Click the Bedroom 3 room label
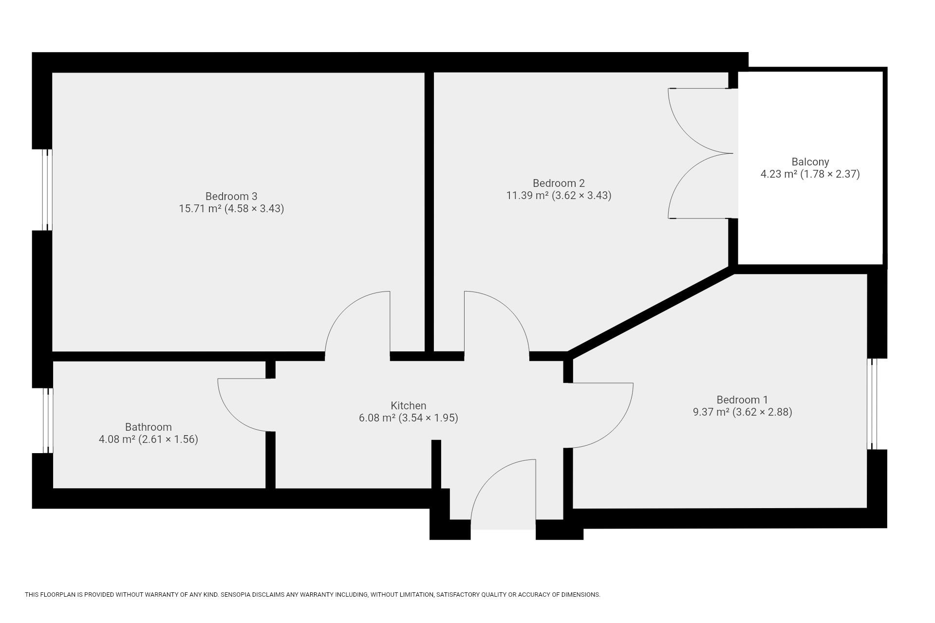[231, 196]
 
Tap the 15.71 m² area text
[231, 209]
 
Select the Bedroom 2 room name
[559, 183]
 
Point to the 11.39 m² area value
[559, 196]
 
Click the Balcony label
[810, 162]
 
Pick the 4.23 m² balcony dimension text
[810, 174]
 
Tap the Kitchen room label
[408, 405]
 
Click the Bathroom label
[148, 427]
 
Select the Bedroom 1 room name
[742, 400]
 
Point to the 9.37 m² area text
[742, 412]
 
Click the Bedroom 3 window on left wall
[47, 189]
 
